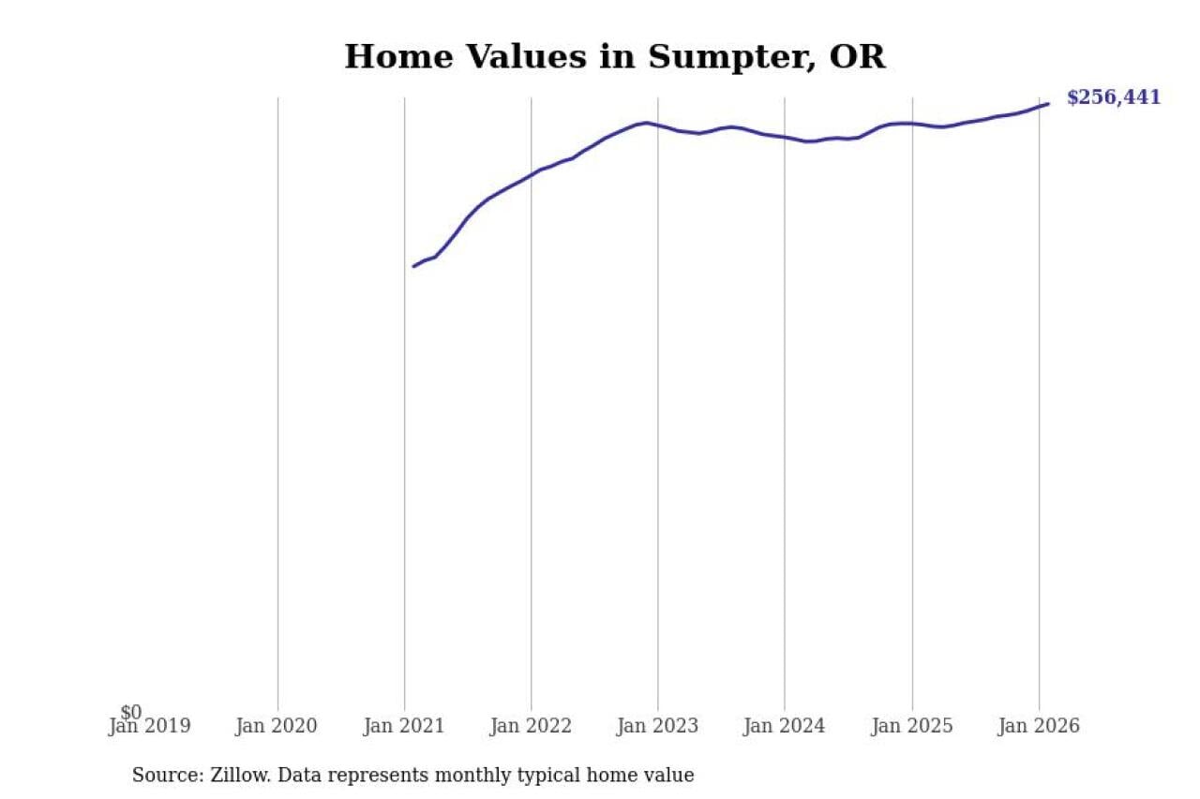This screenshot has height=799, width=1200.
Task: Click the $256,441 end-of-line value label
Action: [1113, 97]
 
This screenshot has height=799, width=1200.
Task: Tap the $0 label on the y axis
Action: [131, 713]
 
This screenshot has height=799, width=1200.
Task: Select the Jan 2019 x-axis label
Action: [149, 726]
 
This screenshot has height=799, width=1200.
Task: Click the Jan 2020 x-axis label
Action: [277, 726]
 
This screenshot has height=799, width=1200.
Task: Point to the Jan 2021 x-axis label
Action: [404, 726]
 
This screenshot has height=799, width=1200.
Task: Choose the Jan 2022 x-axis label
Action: [531, 726]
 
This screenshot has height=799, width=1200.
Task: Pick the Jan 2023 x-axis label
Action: [657, 726]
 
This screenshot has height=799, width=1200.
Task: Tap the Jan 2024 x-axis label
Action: [785, 726]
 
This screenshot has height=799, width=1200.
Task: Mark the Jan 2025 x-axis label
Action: [912, 726]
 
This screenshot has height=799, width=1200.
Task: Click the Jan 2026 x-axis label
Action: [1039, 726]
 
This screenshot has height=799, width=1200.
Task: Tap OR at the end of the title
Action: [857, 57]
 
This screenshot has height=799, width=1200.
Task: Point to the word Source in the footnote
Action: [162, 776]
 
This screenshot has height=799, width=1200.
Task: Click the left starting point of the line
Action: [413, 266]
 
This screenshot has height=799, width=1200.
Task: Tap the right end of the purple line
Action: [1048, 103]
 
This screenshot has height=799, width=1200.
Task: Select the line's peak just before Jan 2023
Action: [645, 123]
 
